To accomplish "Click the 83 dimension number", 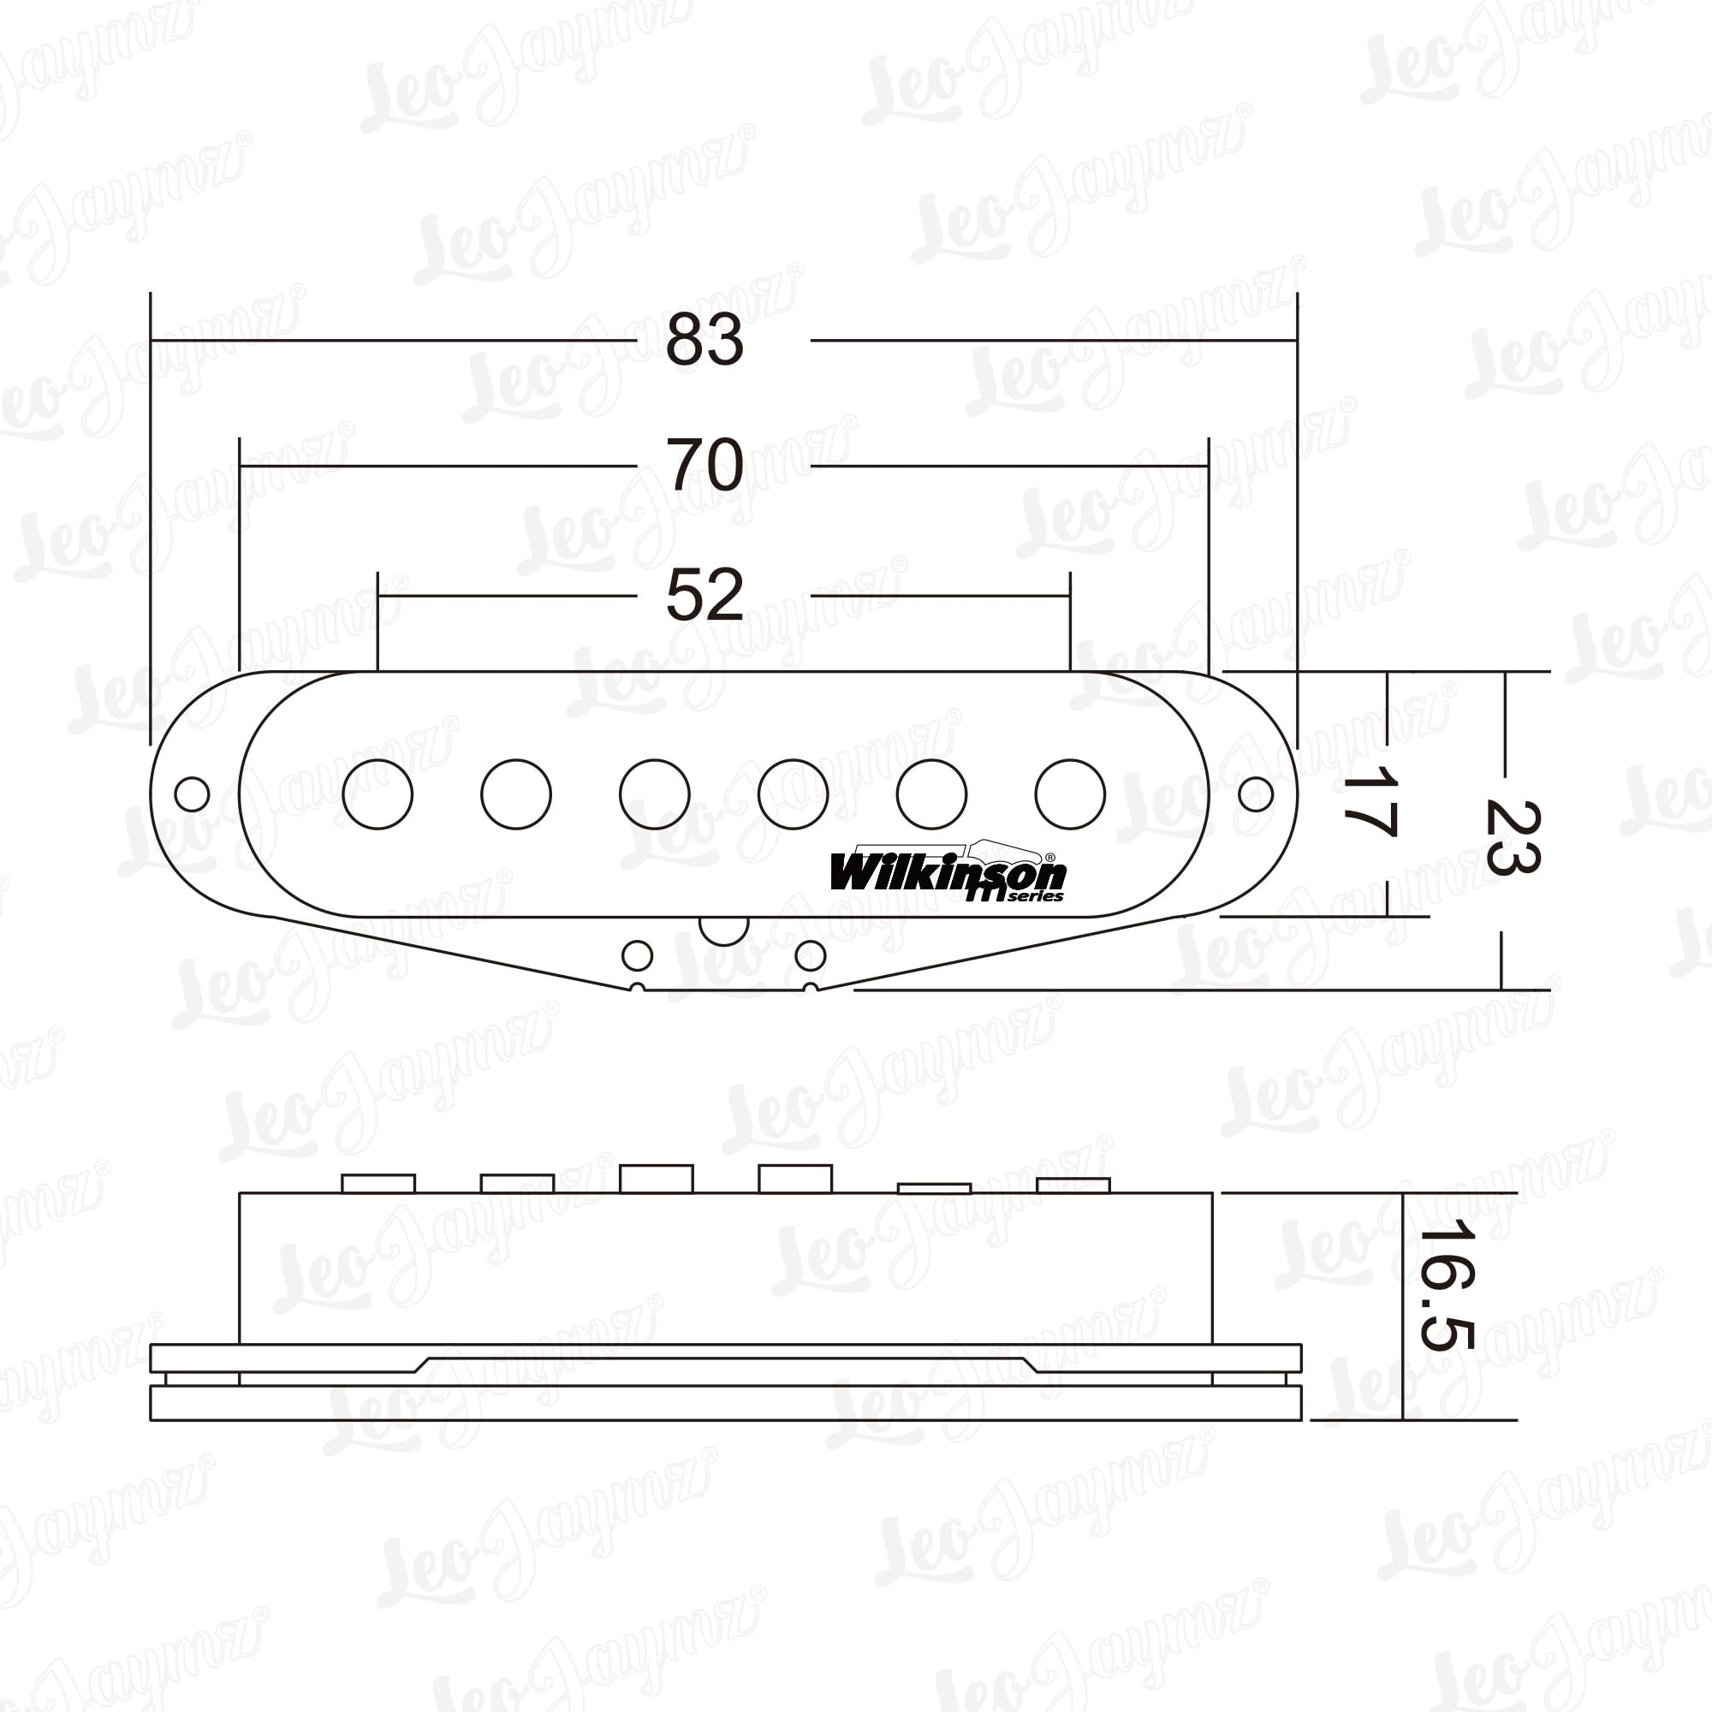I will click(x=704, y=339).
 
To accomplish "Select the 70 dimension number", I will click(x=704, y=464).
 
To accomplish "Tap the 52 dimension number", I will click(x=704, y=595).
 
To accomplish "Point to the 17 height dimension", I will click(x=1370, y=803).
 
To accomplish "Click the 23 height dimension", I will click(x=1512, y=838).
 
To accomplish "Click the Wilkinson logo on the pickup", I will click(x=948, y=874).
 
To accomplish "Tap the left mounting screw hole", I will click(x=193, y=794).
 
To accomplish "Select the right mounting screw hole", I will click(x=1255, y=794).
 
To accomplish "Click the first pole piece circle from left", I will click(x=377, y=794).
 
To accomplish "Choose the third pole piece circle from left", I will click(x=655, y=794).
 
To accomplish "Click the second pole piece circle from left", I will click(x=515, y=794).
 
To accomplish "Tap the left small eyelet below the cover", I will click(x=637, y=955).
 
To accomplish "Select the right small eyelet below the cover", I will click(x=810, y=955).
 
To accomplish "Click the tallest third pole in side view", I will click(x=656, y=1179).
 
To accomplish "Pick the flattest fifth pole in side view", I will click(x=934, y=1188).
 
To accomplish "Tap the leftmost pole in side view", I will click(x=378, y=1183).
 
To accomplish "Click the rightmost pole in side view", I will click(x=1073, y=1185).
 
